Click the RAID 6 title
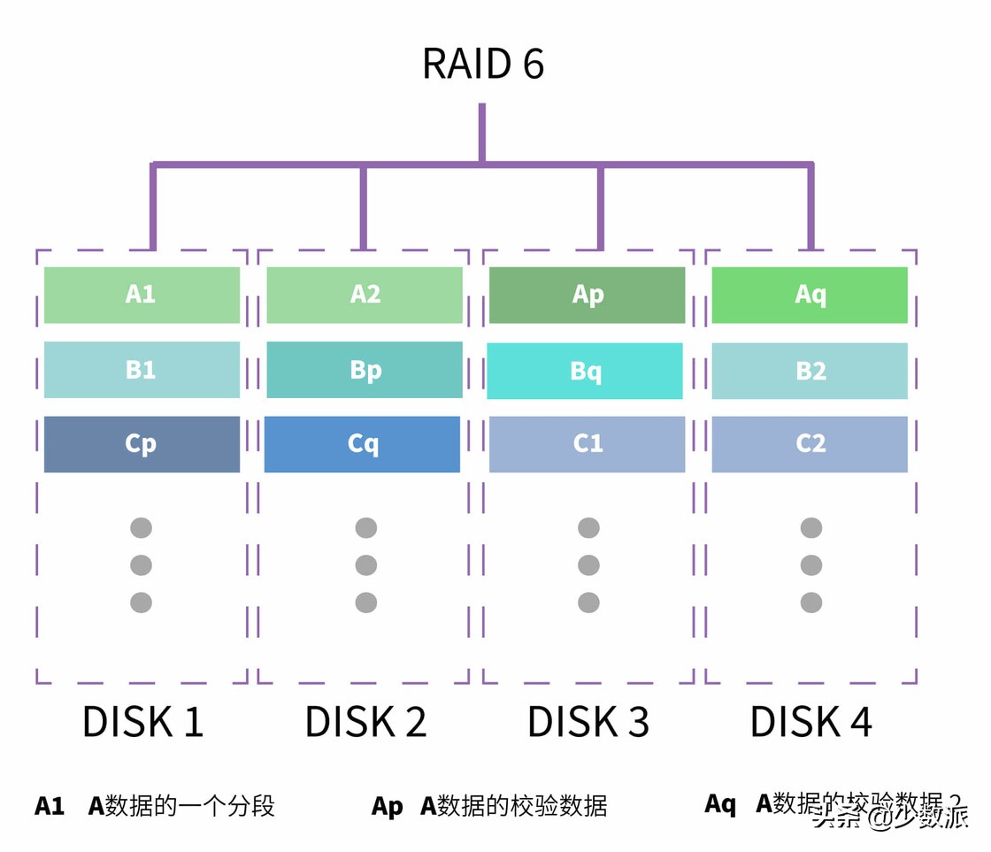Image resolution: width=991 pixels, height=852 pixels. pos(483,64)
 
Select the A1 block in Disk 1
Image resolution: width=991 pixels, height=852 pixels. pos(142,295)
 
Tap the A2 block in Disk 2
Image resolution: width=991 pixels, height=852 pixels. pos(365,295)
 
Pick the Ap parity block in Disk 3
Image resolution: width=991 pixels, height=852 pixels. pos(588,295)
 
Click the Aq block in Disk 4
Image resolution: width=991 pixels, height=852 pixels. pos(810,295)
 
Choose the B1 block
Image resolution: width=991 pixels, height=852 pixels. pos(142,370)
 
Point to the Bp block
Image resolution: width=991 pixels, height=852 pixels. pos(365,370)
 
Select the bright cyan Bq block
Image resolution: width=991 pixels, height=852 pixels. pos(585,371)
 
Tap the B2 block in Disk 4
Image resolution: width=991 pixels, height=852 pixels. pos(810,371)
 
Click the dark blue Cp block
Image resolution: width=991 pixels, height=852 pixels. pos(142,444)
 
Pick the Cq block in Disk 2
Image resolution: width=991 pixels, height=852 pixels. pos(363,444)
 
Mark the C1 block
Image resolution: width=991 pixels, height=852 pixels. pos(588,444)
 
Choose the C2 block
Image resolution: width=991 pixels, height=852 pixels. pos(810,444)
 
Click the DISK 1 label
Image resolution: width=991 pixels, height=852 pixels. pos(142,722)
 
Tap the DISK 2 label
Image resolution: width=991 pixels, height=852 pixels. pos(365,722)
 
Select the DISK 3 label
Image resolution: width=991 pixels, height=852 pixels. pos(588,722)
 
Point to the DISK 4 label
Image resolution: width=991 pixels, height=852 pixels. pos(811,722)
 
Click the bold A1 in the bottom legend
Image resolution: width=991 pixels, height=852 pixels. pos(50,806)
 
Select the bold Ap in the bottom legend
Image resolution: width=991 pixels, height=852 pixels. pos(387,806)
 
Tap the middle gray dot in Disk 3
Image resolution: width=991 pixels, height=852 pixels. pos(588,565)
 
